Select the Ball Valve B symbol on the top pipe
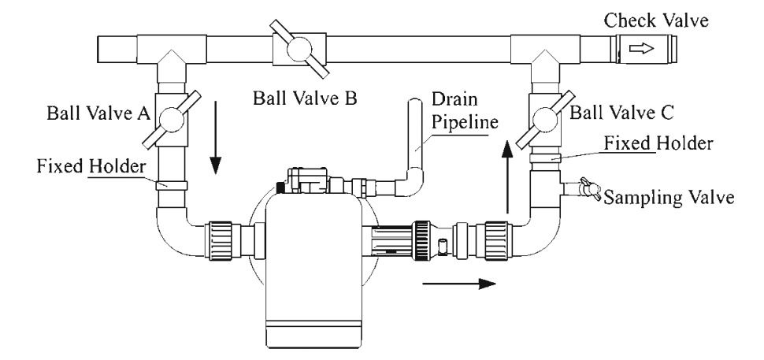(299, 50)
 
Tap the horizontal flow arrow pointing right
(460, 282)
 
